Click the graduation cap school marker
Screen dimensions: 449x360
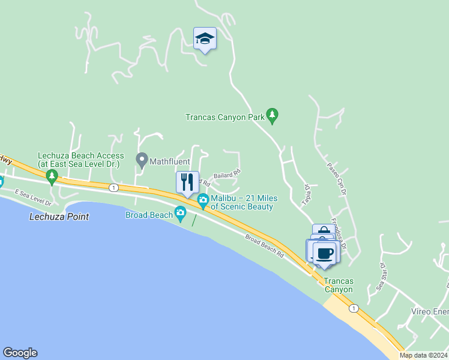(205, 39)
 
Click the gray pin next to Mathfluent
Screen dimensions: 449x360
(142, 160)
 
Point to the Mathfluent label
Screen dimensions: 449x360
(170, 161)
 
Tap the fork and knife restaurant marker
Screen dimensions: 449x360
(187, 182)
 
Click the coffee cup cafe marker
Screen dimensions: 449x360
(325, 253)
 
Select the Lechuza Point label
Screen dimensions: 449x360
(59, 217)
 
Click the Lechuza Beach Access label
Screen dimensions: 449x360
(79, 159)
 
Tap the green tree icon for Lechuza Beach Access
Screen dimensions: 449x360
(52, 176)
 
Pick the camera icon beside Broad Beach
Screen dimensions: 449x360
(180, 213)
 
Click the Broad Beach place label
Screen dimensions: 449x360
(148, 215)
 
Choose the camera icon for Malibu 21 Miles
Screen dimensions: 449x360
(203, 199)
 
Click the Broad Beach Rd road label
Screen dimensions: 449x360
(264, 245)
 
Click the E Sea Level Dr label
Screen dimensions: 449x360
(34, 198)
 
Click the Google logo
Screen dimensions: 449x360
(20, 353)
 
